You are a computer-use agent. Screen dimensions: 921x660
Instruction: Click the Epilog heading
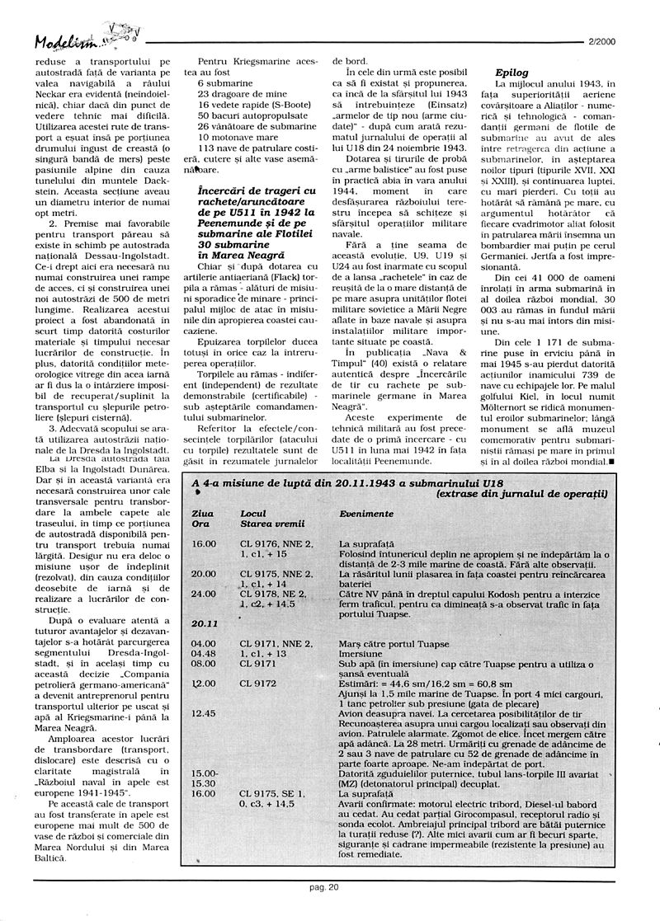(511, 73)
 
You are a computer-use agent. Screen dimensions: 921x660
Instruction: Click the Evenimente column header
(366, 513)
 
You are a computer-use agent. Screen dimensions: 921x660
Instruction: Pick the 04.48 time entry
(203, 654)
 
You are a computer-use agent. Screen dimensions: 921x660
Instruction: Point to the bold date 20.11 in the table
(204, 623)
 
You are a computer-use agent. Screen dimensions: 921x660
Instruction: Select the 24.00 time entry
(203, 593)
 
